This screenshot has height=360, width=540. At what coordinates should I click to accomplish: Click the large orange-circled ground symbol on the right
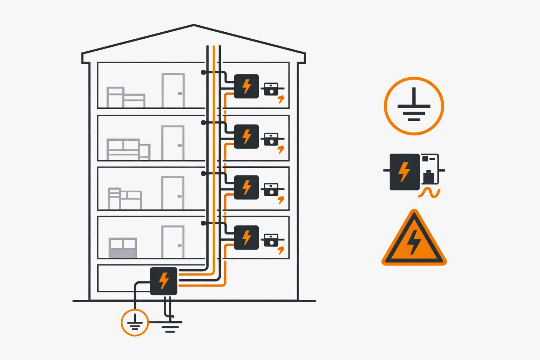click(414, 106)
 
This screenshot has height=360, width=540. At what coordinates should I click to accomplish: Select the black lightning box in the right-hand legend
click(405, 172)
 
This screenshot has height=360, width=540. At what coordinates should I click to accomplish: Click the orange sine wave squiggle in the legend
click(430, 193)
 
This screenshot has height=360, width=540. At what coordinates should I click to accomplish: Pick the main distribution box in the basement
click(163, 281)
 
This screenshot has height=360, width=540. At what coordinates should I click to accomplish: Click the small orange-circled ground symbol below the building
click(135, 322)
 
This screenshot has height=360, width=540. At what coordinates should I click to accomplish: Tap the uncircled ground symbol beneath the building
click(170, 326)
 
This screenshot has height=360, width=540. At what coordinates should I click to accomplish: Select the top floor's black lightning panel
click(246, 86)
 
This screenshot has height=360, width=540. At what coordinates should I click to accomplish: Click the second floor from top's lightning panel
click(246, 136)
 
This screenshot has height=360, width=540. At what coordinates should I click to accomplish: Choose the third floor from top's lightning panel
click(246, 187)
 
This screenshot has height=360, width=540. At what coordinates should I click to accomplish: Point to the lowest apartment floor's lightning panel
click(246, 237)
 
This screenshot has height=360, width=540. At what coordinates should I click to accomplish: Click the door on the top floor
click(173, 90)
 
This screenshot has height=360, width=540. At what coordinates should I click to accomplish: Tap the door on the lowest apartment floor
click(173, 242)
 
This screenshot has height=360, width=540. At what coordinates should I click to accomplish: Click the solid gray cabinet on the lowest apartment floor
click(123, 248)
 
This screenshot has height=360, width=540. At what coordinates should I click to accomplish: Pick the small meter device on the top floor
click(271, 89)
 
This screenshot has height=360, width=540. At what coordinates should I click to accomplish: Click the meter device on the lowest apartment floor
click(271, 240)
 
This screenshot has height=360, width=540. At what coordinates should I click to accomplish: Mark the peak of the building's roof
click(194, 25)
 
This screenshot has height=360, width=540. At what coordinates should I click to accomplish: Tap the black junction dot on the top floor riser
click(203, 72)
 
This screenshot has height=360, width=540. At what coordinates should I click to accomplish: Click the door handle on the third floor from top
click(180, 196)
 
